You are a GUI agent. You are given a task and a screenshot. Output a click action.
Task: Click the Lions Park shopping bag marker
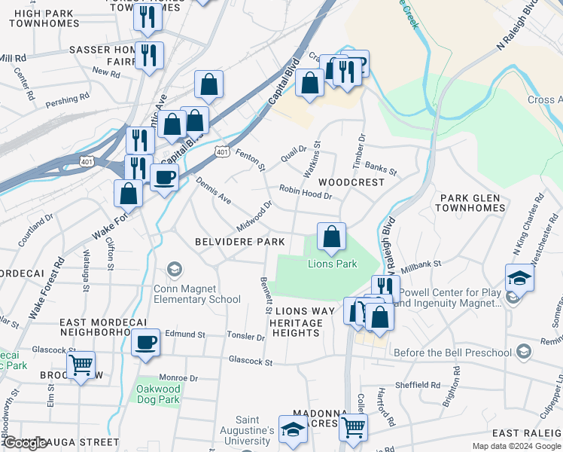point(331,237)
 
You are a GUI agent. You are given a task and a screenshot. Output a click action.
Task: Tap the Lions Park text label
point(332,264)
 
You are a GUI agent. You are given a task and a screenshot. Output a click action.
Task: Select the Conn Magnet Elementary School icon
point(175,270)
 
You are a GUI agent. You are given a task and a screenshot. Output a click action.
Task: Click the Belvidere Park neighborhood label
point(239,242)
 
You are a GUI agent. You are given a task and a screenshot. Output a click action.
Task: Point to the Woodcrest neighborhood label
point(351,182)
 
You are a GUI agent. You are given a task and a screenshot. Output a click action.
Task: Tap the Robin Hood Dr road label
point(306,192)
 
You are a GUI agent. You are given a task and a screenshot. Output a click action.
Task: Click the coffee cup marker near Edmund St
point(145,343)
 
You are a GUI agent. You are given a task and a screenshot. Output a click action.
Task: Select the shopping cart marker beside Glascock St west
point(81,366)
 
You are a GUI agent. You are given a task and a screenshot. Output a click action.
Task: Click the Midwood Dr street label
point(254,215)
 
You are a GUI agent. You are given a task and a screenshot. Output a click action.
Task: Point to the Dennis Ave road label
point(213,192)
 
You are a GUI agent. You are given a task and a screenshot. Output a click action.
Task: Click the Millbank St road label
point(421,266)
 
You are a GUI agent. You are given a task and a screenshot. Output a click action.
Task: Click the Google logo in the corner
point(26,443)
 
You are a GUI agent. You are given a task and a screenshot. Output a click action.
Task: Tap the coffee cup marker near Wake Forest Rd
point(163,178)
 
